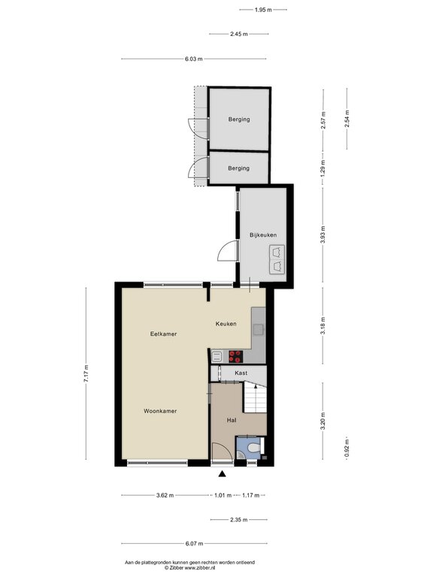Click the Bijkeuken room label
tap(263, 235)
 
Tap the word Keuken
tap(226, 324)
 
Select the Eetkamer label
tap(163, 334)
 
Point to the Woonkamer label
tap(161, 411)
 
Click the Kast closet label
tap(241, 373)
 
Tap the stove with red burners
tap(235, 357)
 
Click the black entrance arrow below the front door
tap(222, 473)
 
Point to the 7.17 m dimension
tap(86, 375)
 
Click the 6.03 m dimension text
tap(194, 60)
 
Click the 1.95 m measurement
tap(262, 10)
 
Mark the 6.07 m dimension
tap(194, 543)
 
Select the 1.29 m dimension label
tap(322, 166)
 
